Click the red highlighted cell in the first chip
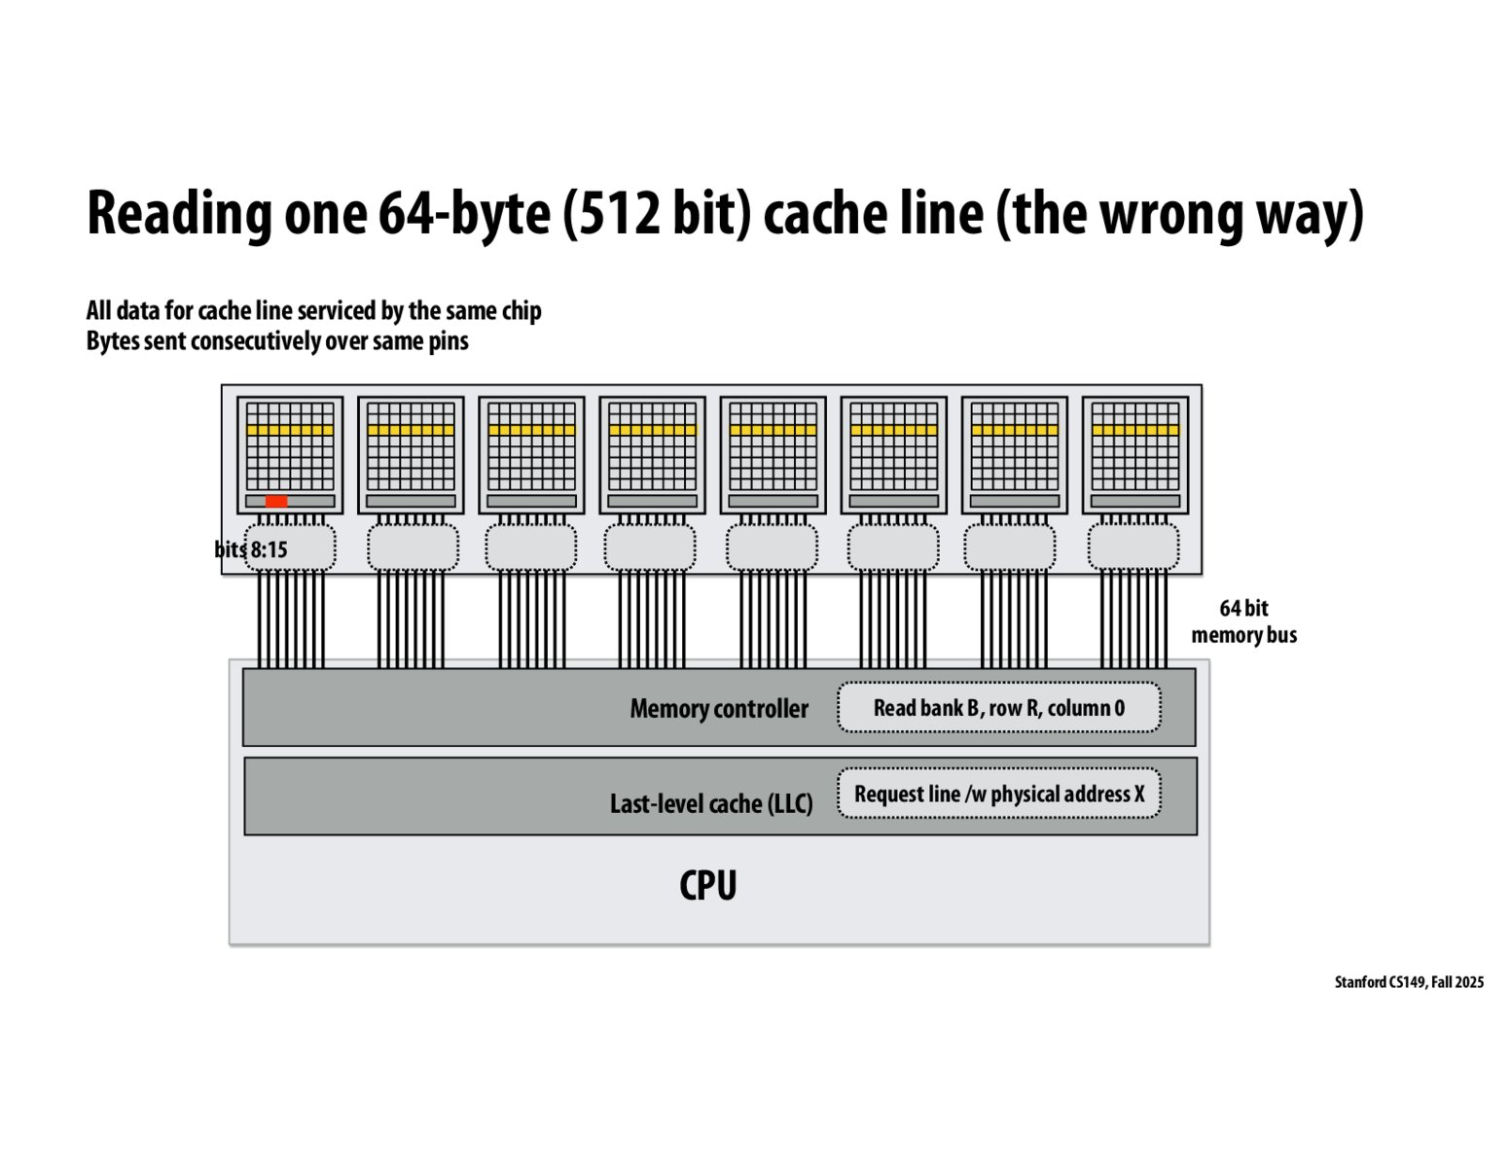[276, 501]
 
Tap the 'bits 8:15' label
[251, 549]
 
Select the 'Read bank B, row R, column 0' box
[998, 708]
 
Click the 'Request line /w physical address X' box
[998, 794]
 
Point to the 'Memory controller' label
[718, 709]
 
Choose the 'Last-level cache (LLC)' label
[710, 803]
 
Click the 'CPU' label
[707, 885]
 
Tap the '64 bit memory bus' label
[1243, 621]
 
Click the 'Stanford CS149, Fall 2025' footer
[1408, 982]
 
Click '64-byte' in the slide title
[464, 214]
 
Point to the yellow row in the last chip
[1134, 429]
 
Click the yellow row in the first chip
[290, 429]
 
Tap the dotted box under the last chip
[1133, 548]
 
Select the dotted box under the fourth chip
[650, 548]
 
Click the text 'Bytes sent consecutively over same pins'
[277, 341]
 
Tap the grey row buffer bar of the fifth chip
[773, 501]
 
